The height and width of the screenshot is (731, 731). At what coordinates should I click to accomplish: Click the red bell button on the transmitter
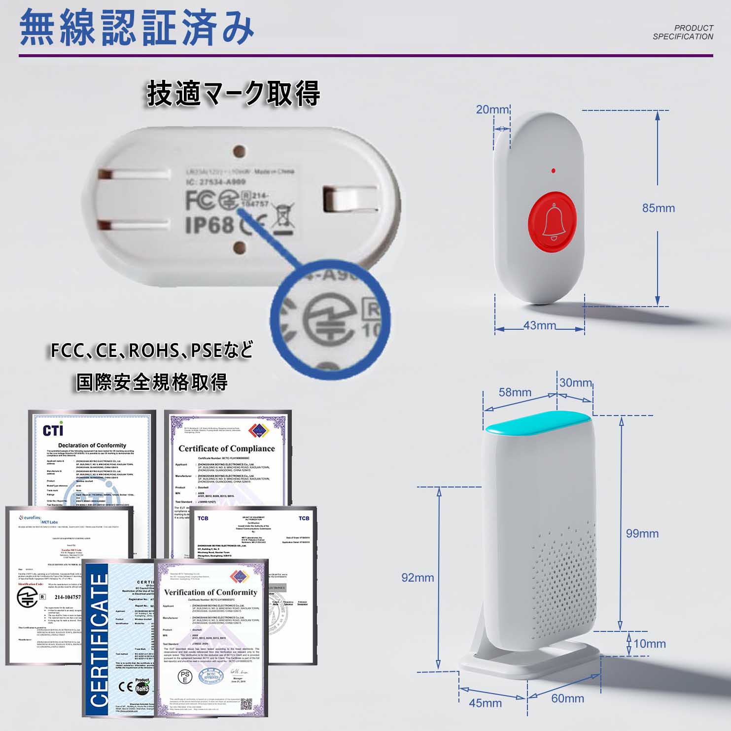pos(553,222)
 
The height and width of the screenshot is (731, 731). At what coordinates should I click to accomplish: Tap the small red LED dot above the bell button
pos(554,171)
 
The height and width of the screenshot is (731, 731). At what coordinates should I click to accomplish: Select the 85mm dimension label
pos(658,208)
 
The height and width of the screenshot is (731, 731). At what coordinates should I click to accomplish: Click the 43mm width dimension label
pos(539,325)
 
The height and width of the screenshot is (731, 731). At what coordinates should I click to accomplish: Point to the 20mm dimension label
pos(492,109)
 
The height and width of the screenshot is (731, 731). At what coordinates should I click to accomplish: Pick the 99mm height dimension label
pos(642,533)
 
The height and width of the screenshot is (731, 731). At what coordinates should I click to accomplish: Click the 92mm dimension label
pos(418,577)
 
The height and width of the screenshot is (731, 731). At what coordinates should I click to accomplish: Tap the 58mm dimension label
pos(515,392)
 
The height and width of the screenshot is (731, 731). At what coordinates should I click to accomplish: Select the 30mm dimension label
pos(575,383)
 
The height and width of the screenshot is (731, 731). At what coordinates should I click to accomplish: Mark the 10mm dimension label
pos(649,643)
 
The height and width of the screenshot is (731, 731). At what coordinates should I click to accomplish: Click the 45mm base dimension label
pos(485,703)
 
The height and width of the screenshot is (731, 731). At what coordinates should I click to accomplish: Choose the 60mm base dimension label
pos(567,698)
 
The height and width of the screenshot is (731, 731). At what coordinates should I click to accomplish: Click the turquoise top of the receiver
pos(538,423)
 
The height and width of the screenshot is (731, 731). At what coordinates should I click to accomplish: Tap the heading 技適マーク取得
pos(233,93)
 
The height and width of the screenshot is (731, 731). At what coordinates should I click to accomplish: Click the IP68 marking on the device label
pos(209,225)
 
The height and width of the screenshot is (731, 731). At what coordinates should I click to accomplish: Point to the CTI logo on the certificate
pos(53,430)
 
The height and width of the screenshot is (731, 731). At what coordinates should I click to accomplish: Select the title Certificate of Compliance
pos(226,449)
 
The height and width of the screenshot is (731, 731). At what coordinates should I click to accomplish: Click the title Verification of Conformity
pos(210,592)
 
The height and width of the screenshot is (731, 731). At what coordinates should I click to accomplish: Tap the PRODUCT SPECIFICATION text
pos(683,32)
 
